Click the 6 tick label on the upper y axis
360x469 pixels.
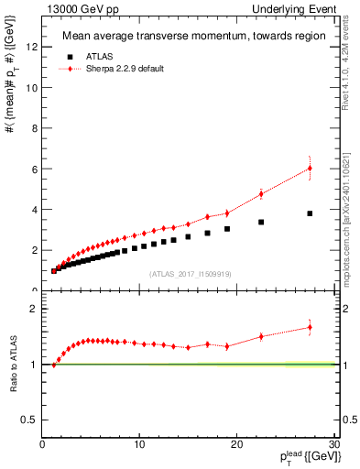coord(36,169)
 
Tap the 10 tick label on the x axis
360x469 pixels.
coord(139,444)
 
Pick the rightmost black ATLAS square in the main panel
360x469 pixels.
coord(310,213)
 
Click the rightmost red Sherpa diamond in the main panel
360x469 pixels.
coord(310,168)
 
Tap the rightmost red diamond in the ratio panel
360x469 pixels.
coord(310,327)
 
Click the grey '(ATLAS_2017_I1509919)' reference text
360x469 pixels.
coord(191,274)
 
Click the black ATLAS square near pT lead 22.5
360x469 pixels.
coord(261,222)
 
